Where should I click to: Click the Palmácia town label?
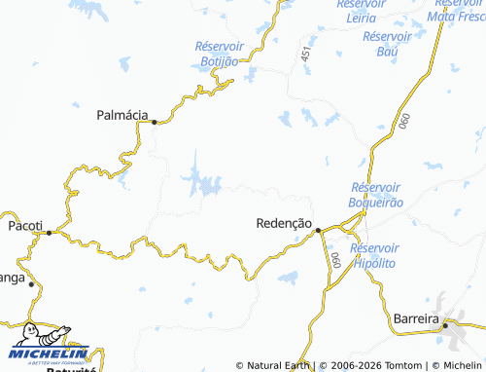point(122,115)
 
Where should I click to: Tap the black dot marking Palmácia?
point(154,122)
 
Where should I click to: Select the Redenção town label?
point(284,223)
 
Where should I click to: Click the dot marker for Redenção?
point(318,230)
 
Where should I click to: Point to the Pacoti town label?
point(25,225)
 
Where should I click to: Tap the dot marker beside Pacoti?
point(48,232)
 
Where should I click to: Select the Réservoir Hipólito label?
point(377,255)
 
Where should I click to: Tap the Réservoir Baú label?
point(388,44)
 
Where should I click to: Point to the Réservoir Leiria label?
point(362,10)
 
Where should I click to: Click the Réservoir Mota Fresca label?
point(456,10)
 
